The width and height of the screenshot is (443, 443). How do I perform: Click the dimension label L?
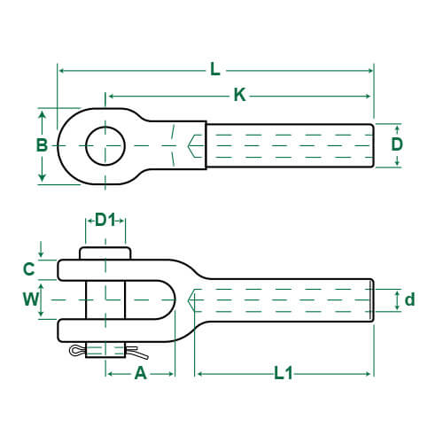click(215, 70)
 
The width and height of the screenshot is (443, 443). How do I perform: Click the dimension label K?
click(239, 96)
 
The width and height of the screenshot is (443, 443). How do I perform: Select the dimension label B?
click(41, 145)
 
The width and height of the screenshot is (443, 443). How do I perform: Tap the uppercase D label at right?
click(397, 144)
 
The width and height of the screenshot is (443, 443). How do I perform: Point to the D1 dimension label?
click(105, 219)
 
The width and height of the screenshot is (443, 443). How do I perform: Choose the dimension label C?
click(28, 268)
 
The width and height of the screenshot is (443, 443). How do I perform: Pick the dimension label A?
click(140, 373)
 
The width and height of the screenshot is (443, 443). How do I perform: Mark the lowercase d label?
click(409, 299)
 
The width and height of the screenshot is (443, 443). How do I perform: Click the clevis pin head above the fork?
click(105, 253)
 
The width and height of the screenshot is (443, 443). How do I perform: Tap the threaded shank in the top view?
click(290, 145)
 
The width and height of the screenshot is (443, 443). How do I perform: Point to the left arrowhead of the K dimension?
click(110, 95)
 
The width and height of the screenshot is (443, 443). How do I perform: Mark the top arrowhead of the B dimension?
click(42, 113)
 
